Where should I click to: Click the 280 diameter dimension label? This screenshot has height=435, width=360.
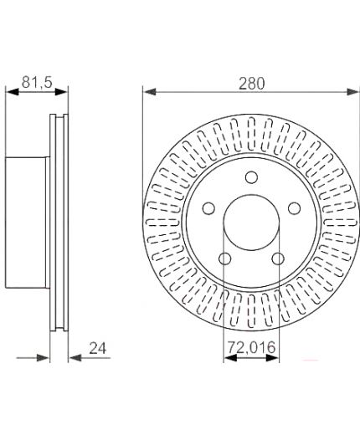[x=251, y=84]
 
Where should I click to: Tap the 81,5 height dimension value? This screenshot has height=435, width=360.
[x=37, y=83]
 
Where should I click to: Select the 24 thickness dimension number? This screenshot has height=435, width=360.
[x=98, y=348]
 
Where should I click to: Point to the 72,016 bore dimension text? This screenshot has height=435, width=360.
[x=251, y=347]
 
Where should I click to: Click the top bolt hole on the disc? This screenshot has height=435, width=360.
[x=251, y=177]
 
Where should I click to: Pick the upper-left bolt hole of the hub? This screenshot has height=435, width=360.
[x=208, y=208]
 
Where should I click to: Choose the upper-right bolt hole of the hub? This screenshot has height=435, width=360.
[x=294, y=208]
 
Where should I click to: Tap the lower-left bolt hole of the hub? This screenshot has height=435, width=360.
[x=224, y=258]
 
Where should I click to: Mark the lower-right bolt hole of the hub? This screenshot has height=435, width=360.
[x=278, y=258]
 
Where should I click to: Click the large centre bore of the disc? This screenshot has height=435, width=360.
[x=251, y=223]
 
